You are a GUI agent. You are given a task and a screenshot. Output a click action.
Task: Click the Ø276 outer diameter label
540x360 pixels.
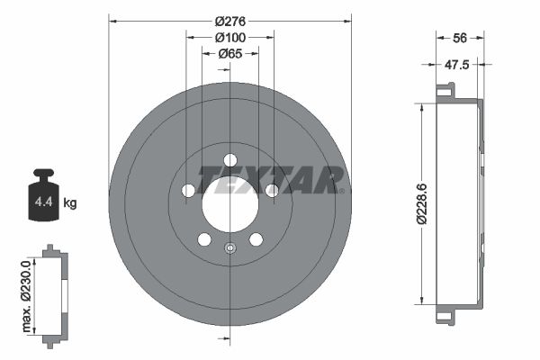229,19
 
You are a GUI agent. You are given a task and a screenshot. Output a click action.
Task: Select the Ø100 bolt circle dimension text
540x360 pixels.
229,37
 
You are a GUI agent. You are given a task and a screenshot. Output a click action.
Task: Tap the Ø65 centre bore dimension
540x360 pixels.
229,54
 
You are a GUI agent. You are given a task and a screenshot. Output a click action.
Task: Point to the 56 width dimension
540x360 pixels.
459,37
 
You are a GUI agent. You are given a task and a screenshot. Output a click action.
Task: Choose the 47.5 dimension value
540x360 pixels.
459,64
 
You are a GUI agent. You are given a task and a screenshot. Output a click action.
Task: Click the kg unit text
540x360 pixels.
70,203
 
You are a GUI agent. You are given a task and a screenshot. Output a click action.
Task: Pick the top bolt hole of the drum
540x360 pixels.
229,159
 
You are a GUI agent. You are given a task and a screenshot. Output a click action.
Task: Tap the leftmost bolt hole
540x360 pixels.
187,190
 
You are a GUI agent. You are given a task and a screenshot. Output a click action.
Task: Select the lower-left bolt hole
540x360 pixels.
203,239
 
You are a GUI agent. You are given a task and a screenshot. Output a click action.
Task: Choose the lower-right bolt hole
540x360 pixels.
256,239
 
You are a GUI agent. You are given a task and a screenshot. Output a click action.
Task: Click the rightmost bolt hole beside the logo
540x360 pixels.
272,190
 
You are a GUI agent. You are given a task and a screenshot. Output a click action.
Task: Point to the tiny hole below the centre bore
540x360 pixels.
229,249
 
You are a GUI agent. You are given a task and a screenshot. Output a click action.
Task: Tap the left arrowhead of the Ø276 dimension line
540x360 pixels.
112,19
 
